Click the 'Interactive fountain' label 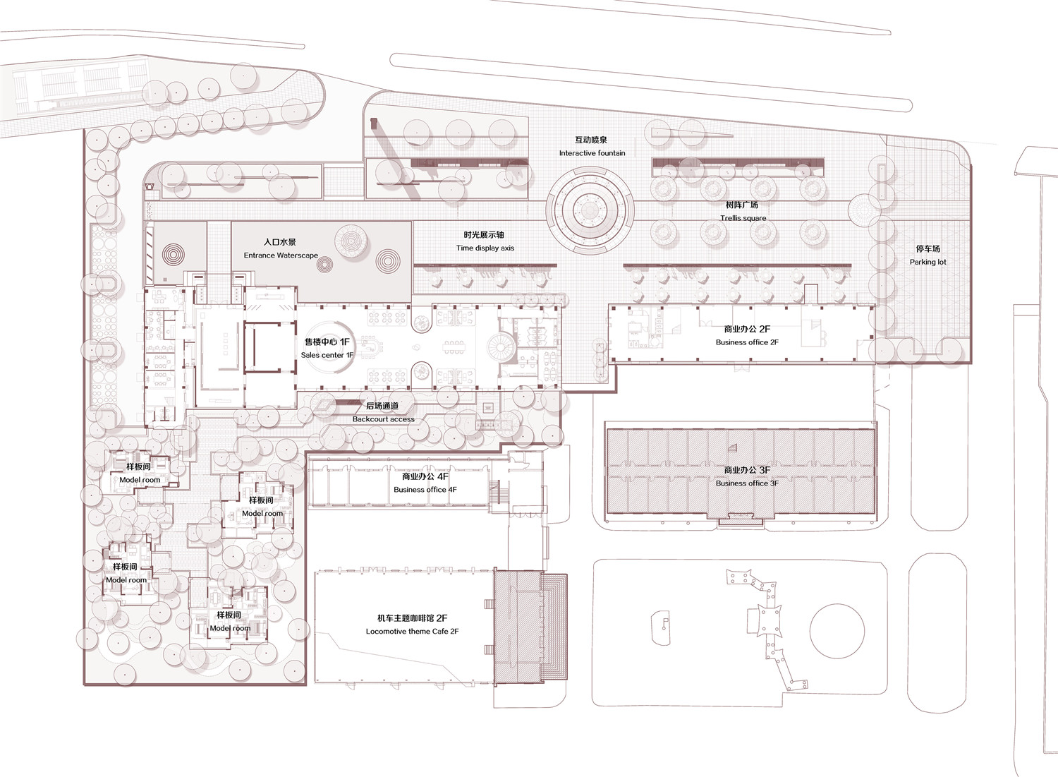(592, 153)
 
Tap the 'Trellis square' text (743, 218)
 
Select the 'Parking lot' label (928, 262)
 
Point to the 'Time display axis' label (485, 248)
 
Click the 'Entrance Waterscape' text (281, 255)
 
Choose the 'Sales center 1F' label (327, 355)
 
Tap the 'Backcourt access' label (383, 419)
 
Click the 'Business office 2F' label (747, 342)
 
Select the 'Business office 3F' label (747, 483)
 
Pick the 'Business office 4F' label (425, 490)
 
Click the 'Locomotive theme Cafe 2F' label (412, 631)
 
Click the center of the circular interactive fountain (590, 209)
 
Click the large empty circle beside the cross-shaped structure (837, 630)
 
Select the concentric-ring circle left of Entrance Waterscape (174, 255)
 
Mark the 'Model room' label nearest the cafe (230, 628)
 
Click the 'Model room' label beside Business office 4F (262, 513)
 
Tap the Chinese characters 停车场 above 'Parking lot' (928, 248)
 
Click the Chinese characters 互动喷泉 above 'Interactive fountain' (591, 140)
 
